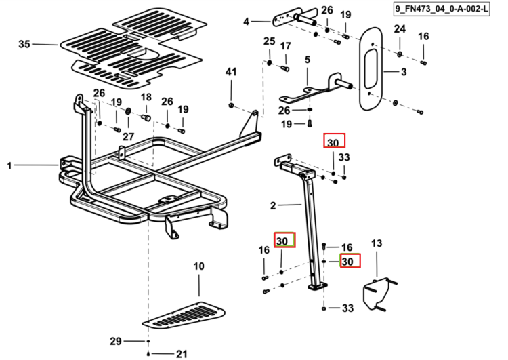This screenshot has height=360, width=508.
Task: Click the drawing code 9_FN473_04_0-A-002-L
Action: pyautogui.click(x=441, y=9)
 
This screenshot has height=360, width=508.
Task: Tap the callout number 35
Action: pyautogui.click(x=24, y=44)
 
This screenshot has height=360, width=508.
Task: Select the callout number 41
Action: pyautogui.click(x=231, y=72)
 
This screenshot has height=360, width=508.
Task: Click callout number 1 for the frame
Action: pyautogui.click(x=9, y=165)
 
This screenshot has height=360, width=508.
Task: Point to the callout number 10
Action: pyautogui.click(x=198, y=266)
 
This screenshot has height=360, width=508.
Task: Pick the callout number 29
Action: pyautogui.click(x=116, y=341)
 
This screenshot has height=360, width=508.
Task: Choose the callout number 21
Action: pyautogui.click(x=182, y=354)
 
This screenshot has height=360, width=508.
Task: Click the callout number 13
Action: pyautogui.click(x=377, y=243)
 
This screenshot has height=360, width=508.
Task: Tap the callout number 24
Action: pyautogui.click(x=400, y=29)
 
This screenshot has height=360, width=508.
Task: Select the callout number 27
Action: pyautogui.click(x=128, y=136)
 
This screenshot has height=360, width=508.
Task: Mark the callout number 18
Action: pyautogui.click(x=146, y=97)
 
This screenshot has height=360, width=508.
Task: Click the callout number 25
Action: pyautogui.click(x=269, y=41)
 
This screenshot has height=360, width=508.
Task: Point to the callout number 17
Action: pyautogui.click(x=285, y=46)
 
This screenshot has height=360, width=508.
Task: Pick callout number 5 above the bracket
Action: pyautogui.click(x=308, y=60)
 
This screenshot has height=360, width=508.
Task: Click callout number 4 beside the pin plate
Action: pyautogui.click(x=247, y=22)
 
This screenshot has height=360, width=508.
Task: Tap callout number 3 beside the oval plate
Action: pyautogui.click(x=404, y=72)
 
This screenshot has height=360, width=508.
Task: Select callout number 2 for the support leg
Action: pyautogui.click(x=273, y=205)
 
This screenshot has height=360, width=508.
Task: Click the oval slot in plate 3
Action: pyautogui.click(x=371, y=69)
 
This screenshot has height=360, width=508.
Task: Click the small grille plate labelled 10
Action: pyautogui.click(x=184, y=315)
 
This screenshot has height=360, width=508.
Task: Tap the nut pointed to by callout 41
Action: pyautogui.click(x=231, y=105)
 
